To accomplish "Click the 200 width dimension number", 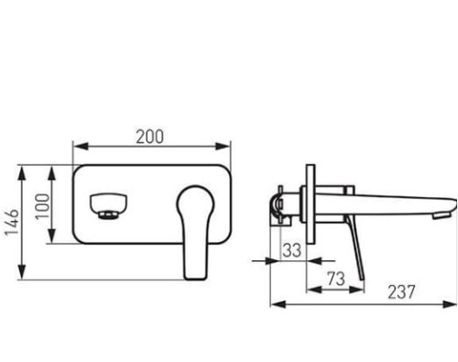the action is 149,137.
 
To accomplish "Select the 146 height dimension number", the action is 13,222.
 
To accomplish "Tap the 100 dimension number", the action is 42,206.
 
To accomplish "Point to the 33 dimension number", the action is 291,250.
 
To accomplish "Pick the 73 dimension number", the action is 336,279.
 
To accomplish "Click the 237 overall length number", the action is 401,291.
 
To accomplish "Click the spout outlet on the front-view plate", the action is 109,206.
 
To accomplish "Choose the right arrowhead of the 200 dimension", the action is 223,147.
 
